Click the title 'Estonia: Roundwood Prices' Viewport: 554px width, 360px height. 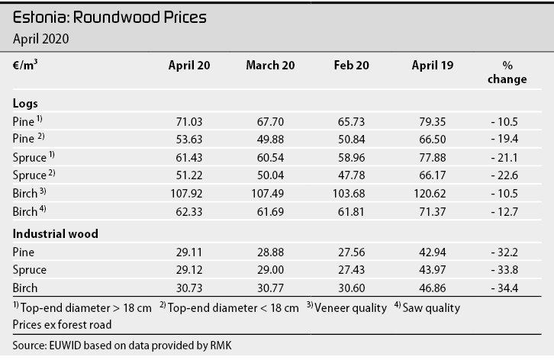(x=110, y=18)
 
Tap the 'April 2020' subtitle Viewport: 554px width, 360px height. (x=40, y=39)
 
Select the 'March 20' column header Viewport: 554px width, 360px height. (x=270, y=66)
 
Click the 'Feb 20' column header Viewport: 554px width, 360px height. (x=351, y=66)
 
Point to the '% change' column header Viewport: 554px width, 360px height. (x=507, y=72)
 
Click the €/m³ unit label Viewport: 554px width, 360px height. (x=25, y=65)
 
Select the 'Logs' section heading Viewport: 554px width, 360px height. (x=25, y=104)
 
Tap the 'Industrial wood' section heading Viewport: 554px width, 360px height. (x=56, y=234)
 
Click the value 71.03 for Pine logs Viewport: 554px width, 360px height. (x=189, y=122)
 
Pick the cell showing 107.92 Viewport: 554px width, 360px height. (x=186, y=194)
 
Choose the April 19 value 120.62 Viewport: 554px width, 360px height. (x=430, y=194)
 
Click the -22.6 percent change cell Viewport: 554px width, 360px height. (x=504, y=175)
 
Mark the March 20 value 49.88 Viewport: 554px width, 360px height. (x=270, y=140)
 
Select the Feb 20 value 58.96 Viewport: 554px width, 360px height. (x=352, y=158)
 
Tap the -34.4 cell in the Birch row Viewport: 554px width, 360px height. (x=504, y=288)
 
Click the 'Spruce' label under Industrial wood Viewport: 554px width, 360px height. (x=29, y=270)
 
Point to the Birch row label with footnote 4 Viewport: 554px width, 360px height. (x=29, y=211)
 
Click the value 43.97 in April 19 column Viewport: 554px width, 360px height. (x=433, y=270)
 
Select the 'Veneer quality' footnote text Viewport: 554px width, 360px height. (x=350, y=308)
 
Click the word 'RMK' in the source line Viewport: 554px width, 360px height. (x=221, y=346)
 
